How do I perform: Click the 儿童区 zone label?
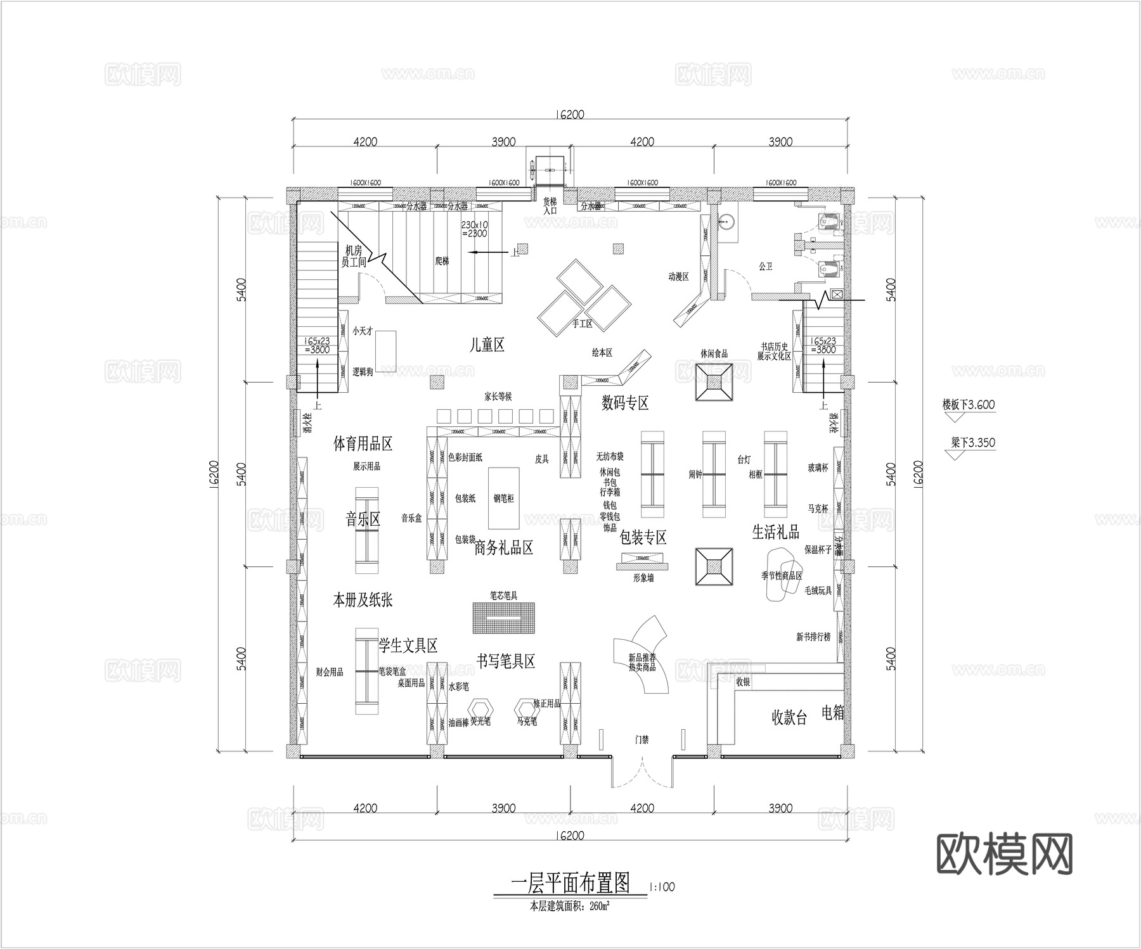[486, 345]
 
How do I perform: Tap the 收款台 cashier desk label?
[789, 718]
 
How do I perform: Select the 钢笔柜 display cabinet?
[504, 498]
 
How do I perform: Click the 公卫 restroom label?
[765, 267]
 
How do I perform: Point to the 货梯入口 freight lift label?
[550, 205]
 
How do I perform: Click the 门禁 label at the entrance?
[642, 739]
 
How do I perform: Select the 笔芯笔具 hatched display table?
[504, 617]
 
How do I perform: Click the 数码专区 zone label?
[625, 403]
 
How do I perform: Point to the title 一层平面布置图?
[570, 882]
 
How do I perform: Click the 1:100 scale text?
[662, 888]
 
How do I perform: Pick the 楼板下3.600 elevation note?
[968, 404]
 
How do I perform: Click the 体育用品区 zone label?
[363, 443]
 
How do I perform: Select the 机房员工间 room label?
[354, 256]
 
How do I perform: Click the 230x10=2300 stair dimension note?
[474, 229]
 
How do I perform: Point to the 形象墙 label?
[643, 578]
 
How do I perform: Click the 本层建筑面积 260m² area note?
[570, 907]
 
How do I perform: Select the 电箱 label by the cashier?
[833, 713]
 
